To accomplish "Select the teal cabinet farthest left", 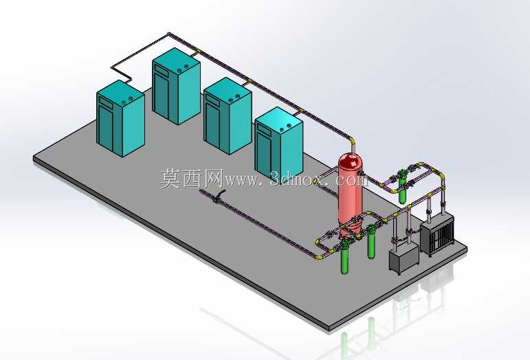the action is pos(121,118).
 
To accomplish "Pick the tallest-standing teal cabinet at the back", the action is pos(176,86).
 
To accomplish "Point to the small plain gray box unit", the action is pos(404,258).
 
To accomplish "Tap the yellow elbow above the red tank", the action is pos(352,139).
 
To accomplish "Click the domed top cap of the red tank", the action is pos(351,160).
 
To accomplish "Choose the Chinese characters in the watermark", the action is pos(191,179).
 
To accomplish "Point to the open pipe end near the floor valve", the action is pos(201,192).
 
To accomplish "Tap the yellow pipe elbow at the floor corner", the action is pos(318,257).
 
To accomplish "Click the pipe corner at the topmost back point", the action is pos(169,34).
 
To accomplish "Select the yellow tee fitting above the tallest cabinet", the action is pos(199,52).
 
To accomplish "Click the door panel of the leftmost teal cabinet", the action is pos(105,128).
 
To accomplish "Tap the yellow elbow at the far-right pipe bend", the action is pos(441,177).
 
